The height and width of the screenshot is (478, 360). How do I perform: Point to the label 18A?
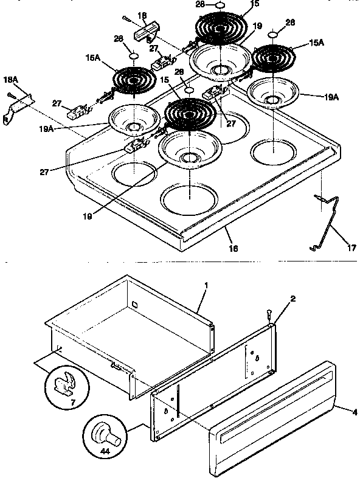10,80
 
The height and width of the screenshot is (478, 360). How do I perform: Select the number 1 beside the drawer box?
206,285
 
